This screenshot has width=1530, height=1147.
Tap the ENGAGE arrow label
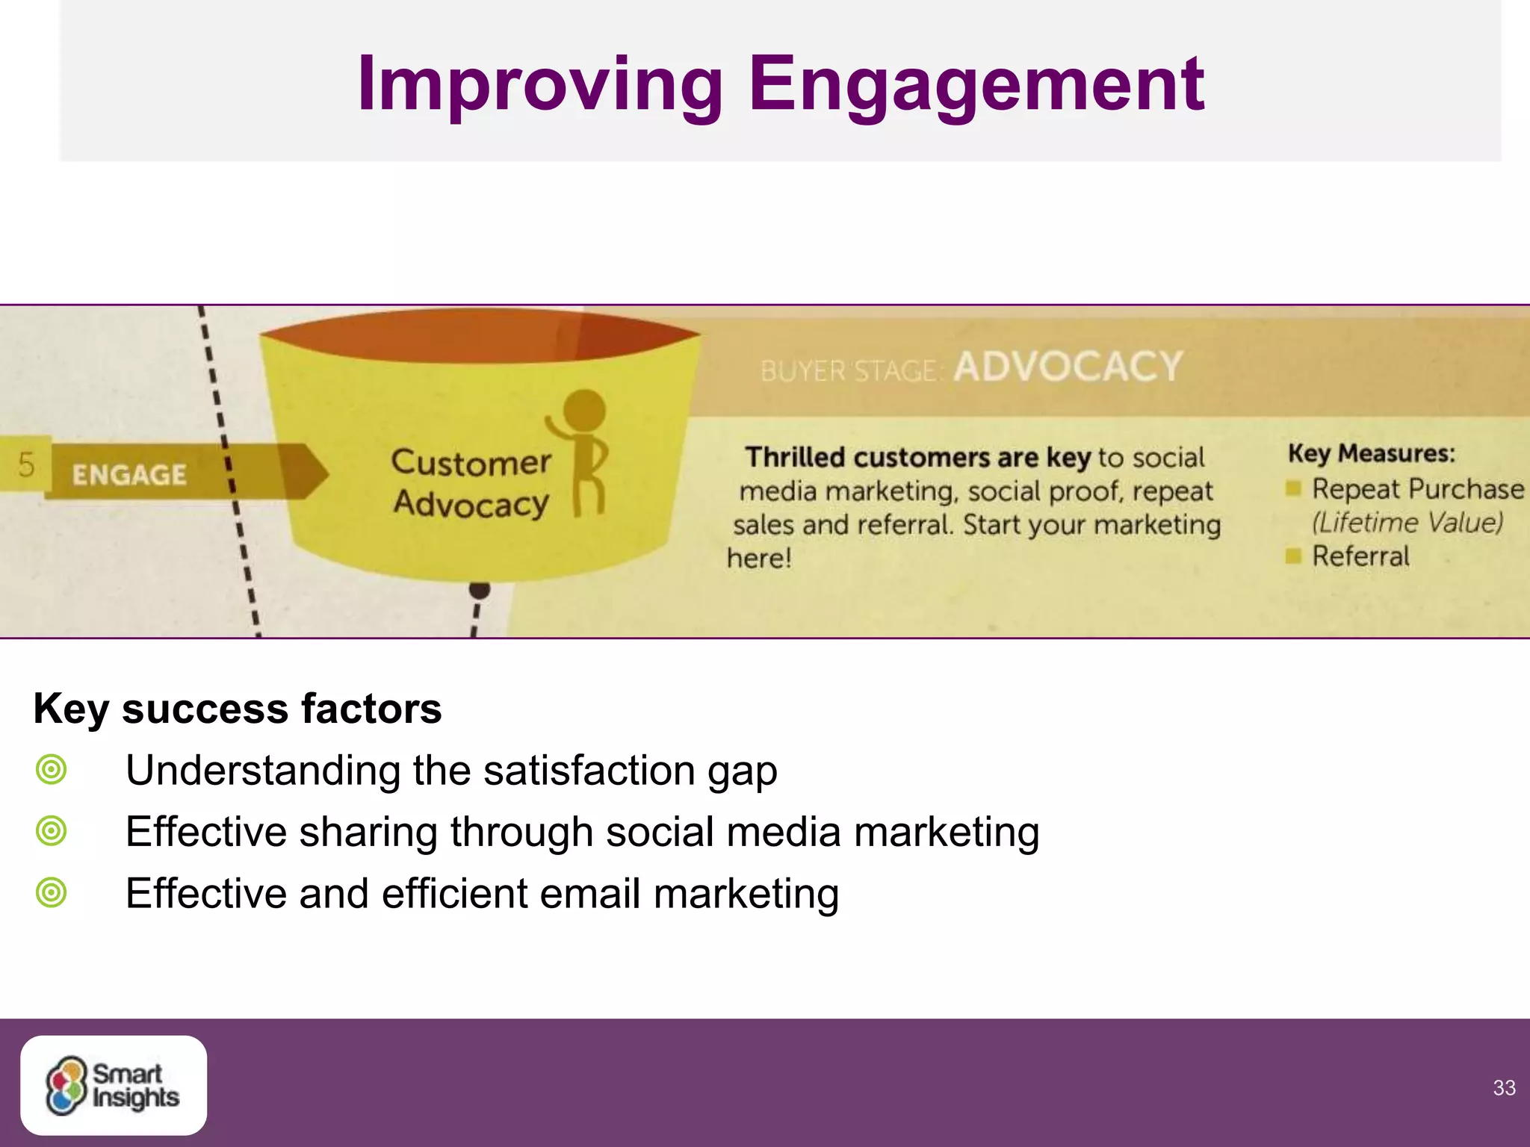click(129, 475)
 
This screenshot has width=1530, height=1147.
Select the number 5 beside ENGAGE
click(26, 464)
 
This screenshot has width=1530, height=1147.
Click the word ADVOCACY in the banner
click(1068, 367)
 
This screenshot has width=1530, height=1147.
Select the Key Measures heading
click(1372, 453)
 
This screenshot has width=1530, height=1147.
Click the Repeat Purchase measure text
click(1417, 489)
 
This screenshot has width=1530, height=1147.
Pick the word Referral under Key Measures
click(1360, 556)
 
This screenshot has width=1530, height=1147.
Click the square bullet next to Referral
click(1293, 556)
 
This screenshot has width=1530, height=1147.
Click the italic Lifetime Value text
click(1407, 523)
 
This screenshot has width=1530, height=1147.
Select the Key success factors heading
click(238, 709)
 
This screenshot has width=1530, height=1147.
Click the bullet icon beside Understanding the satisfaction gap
click(52, 769)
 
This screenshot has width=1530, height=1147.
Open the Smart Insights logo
click(114, 1085)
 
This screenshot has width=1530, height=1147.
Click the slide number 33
click(1504, 1088)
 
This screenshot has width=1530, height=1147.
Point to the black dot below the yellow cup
click(480, 590)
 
